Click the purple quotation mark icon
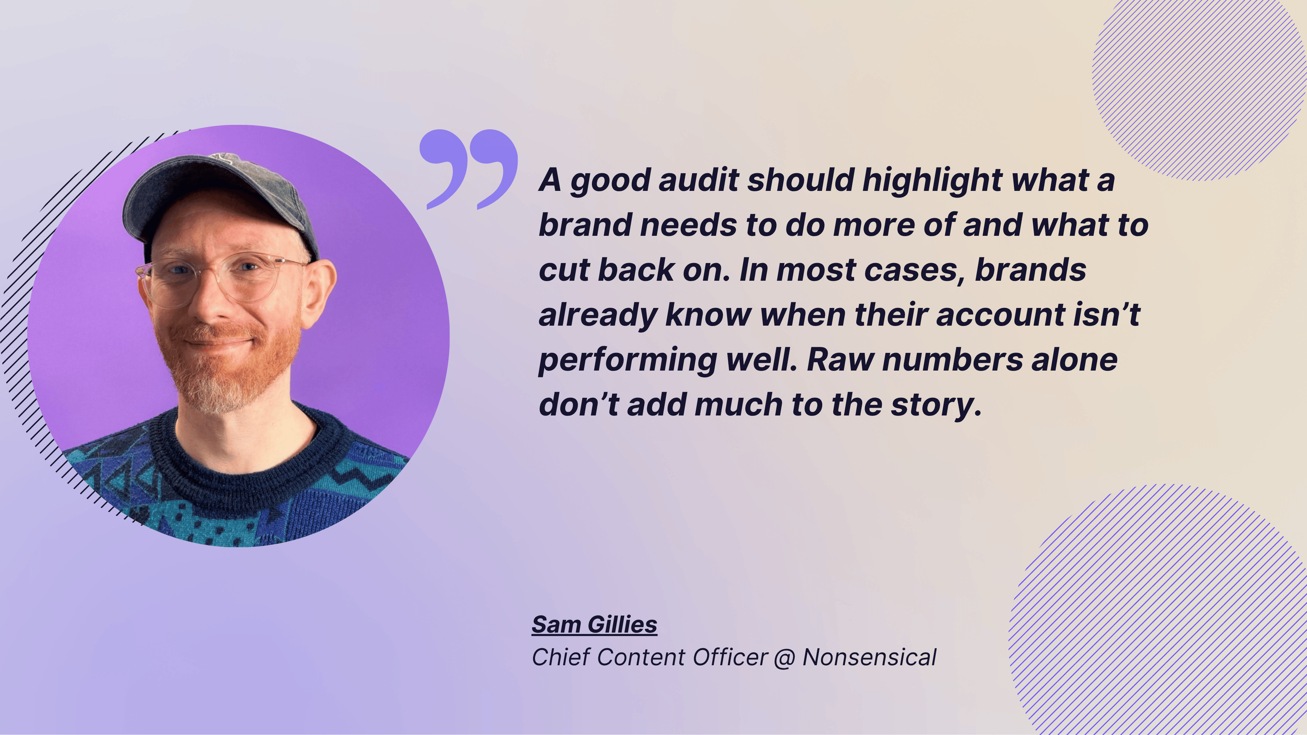[468, 169]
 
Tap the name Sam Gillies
[594, 624]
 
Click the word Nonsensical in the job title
[869, 657]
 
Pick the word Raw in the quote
[840, 360]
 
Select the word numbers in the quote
[952, 360]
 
